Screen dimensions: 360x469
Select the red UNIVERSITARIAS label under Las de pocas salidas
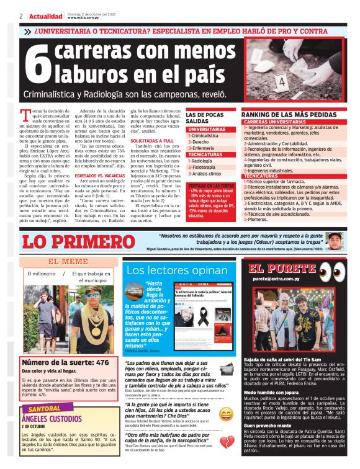click(207, 129)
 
